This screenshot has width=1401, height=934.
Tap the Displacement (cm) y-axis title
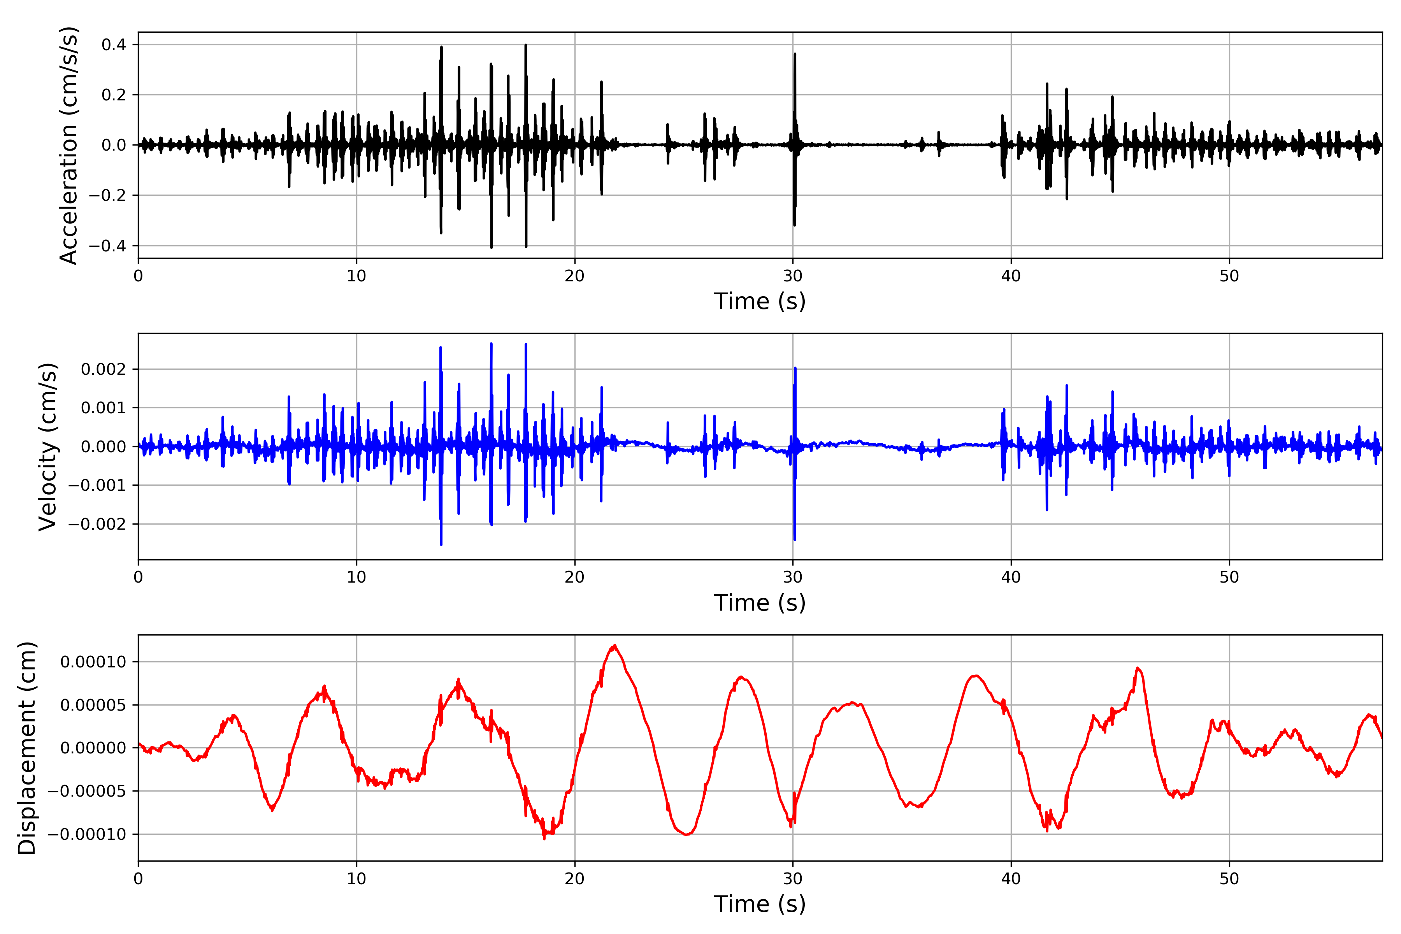coord(27,748)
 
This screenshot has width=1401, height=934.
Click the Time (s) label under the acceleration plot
coord(760,301)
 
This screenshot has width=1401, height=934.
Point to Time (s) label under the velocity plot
coord(760,603)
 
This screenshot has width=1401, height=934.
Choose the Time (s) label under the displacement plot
coord(760,904)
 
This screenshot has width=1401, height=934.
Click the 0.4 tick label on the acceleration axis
coord(114,45)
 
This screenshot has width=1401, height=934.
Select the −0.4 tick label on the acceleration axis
coord(107,246)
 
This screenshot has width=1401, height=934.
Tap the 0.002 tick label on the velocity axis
coord(104,369)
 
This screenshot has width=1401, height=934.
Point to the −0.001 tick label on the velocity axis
coord(97,485)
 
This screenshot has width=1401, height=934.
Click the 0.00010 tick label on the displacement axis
coord(93,662)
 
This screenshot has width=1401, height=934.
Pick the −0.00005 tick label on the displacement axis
coord(87,791)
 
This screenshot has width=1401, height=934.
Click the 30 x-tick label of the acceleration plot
coord(793,276)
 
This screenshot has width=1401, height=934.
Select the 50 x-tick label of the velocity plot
coord(1229,577)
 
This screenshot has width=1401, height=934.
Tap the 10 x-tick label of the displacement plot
coord(356,879)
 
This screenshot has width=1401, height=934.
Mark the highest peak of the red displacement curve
coord(614,646)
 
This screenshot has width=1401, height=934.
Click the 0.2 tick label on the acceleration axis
coord(114,95)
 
